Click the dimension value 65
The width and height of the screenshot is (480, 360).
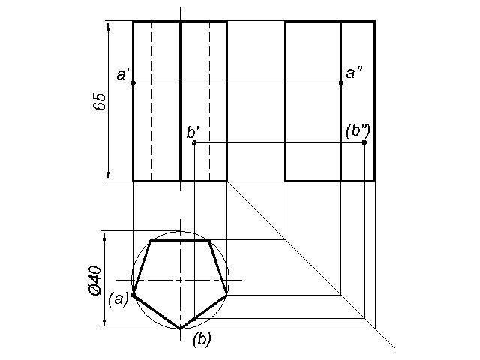pyautogui.click(x=99, y=102)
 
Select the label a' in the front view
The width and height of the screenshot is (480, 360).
pyautogui.click(x=124, y=74)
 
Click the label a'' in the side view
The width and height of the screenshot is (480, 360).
pyautogui.click(x=354, y=73)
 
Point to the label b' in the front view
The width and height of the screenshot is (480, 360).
pyautogui.click(x=193, y=133)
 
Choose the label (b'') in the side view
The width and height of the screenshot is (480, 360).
pyautogui.click(x=358, y=131)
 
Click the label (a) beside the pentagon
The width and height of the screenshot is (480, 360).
pyautogui.click(x=118, y=298)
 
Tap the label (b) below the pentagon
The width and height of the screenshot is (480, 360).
pyautogui.click(x=201, y=339)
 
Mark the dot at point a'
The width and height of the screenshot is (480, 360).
pyautogui.click(x=133, y=82)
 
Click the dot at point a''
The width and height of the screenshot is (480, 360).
pyautogui.click(x=341, y=82)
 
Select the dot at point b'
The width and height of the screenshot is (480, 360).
pyautogui.click(x=194, y=142)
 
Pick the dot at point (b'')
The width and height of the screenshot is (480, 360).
pyautogui.click(x=364, y=142)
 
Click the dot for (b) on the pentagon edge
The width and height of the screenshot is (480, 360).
pyautogui.click(x=194, y=319)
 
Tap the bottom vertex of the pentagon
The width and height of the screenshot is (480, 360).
pyautogui.click(x=180, y=328)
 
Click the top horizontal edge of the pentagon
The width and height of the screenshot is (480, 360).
pyautogui.click(x=180, y=241)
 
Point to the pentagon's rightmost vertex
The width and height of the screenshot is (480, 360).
pyautogui.click(x=226, y=295)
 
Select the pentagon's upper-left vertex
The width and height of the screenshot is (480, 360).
pyautogui.click(x=151, y=241)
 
